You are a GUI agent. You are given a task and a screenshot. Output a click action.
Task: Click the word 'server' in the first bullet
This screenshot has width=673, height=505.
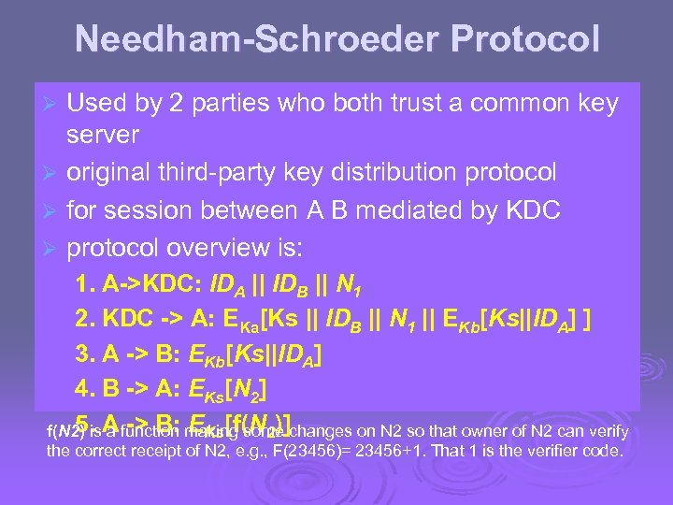(103, 136)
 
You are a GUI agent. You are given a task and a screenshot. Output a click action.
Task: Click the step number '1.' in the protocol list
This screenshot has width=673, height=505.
(84, 285)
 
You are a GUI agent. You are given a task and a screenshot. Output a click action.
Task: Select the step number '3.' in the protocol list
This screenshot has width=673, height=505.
(84, 354)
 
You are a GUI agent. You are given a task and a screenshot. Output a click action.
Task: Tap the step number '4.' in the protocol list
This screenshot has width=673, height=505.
(84, 388)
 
